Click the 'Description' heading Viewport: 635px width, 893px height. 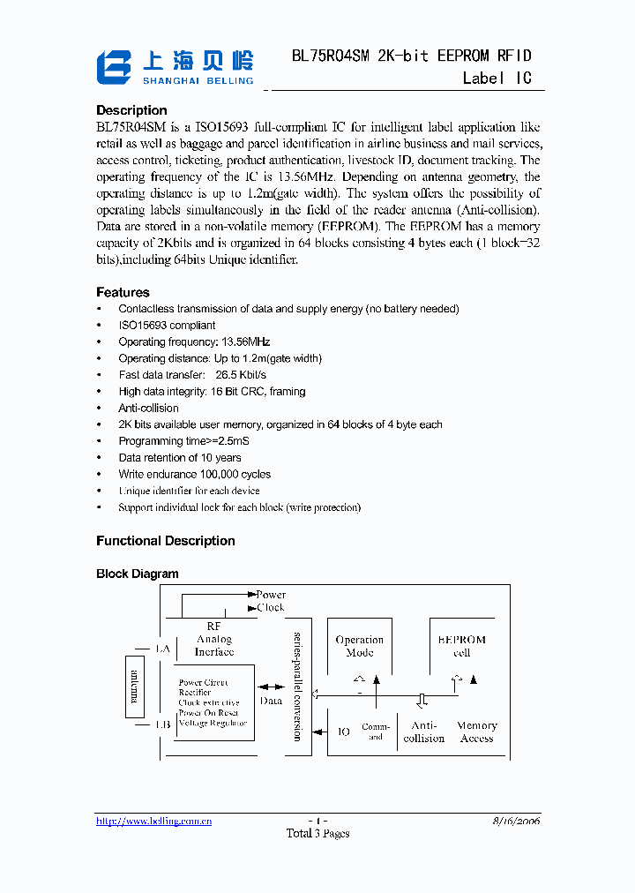coord(131,110)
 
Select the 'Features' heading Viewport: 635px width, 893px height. coord(123,292)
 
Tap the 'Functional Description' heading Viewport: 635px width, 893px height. coord(165,541)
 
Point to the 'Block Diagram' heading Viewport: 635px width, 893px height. coord(137,574)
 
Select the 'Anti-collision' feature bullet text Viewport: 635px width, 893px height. coord(148,409)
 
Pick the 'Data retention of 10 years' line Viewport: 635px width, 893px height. coord(179,458)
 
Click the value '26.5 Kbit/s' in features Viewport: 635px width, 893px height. coord(240,375)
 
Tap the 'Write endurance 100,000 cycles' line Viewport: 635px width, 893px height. coord(194,475)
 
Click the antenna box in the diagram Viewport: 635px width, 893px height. coord(135,686)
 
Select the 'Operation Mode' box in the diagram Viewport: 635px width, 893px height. coord(360,646)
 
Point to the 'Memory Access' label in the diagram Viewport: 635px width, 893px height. coord(476,732)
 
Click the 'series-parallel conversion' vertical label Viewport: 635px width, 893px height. coord(297,687)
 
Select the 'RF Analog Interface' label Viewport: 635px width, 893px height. coord(213,639)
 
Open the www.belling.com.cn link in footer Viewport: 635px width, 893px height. coord(153,822)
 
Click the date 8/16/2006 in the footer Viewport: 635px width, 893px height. coord(516,821)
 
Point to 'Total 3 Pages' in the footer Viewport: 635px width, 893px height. coord(317,834)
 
